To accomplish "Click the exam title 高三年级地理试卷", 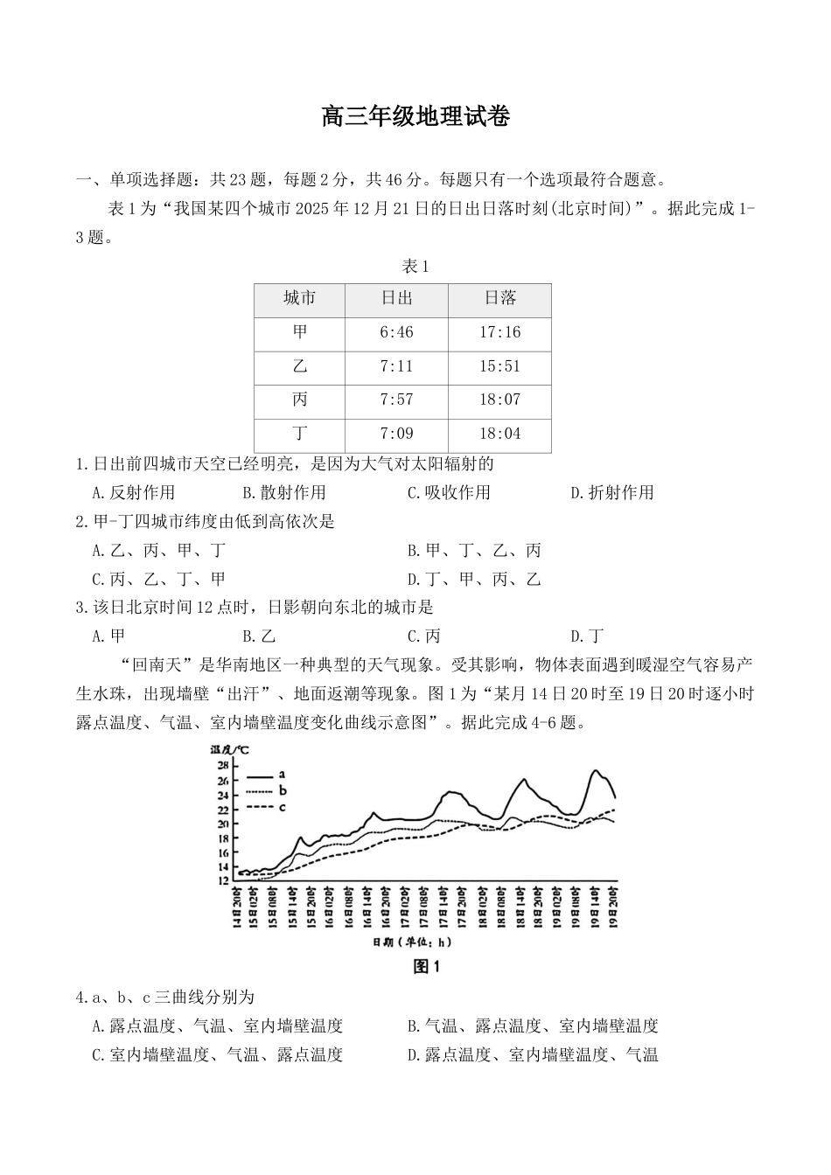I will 415,116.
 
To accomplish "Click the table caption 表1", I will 415,267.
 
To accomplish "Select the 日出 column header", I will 396,299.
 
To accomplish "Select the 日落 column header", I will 500,299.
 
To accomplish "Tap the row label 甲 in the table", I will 300,332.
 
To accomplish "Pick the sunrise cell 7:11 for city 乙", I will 396,366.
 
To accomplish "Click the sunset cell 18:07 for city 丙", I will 499,400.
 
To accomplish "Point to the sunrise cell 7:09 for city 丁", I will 396,434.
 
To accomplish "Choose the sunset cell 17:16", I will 499,332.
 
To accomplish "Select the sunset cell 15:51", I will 499,366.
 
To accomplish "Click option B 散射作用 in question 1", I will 284,492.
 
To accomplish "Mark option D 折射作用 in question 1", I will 612,492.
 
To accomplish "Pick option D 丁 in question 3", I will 587,636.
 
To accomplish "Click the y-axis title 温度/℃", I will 230,750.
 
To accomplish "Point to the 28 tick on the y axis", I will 223,766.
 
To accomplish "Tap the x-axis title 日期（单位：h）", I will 411,942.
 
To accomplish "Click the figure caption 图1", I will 425,966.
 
